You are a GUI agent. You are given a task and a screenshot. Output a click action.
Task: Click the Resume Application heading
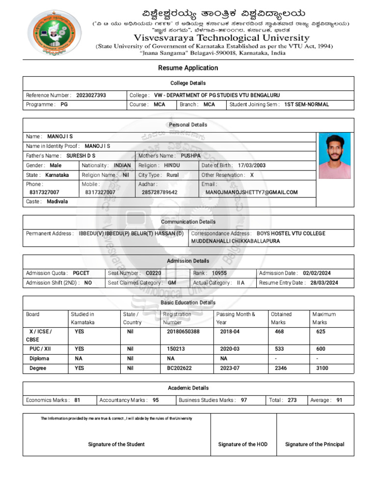[188, 68]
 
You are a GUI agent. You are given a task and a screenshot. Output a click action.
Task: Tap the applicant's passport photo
[334, 155]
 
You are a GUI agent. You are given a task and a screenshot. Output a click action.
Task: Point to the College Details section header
[188, 83]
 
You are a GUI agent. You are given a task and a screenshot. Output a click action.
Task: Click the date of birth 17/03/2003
[251, 166]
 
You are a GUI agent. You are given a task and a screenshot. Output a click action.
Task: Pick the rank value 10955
[219, 273]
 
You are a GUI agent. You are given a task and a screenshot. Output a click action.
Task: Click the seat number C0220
[153, 273]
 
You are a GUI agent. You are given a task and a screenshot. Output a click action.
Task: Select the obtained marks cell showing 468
[279, 332]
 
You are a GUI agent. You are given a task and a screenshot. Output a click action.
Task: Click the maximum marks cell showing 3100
[323, 368]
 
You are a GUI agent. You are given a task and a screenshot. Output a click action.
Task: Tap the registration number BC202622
[179, 368]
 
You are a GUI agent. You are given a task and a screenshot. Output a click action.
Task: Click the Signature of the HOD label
[243, 444]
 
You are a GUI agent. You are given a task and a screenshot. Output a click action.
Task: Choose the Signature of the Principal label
[315, 444]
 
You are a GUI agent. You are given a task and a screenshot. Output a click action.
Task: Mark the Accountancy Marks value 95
[156, 400]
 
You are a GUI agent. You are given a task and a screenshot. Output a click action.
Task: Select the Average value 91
[339, 400]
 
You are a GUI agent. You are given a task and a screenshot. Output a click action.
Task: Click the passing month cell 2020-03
[230, 349]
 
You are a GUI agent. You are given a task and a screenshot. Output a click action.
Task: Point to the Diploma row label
[39, 359]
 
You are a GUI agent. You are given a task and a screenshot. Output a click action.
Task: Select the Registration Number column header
[177, 318]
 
